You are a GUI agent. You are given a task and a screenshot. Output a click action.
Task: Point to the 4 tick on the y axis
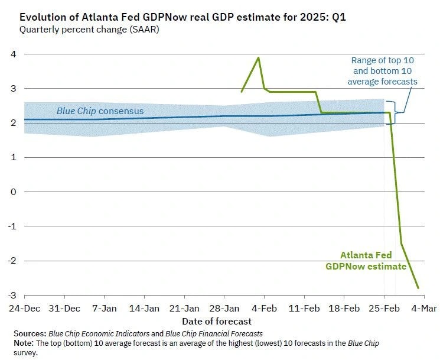tap(12, 54)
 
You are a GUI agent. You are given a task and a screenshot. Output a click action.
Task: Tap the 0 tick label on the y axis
tap(12, 192)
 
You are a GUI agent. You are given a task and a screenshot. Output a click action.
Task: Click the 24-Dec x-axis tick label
tap(24, 308)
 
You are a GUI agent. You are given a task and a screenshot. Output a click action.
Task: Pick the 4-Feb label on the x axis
tap(264, 308)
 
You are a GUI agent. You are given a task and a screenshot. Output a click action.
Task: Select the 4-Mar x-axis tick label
tap(423, 308)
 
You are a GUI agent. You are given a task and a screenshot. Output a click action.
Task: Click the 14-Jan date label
tap(144, 308)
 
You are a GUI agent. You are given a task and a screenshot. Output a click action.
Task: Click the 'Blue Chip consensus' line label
tap(100, 111)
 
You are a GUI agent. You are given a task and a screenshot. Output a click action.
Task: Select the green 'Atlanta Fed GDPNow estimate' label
tap(366, 261)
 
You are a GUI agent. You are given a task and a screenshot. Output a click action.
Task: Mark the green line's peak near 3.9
tap(258, 58)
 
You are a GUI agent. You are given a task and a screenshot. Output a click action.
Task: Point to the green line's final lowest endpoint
tap(419, 288)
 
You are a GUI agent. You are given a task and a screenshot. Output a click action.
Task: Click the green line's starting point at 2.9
tap(242, 92)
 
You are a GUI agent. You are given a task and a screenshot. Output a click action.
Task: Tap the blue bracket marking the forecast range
tap(396, 112)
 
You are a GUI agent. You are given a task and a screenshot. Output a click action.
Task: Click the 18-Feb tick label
tap(344, 308)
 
